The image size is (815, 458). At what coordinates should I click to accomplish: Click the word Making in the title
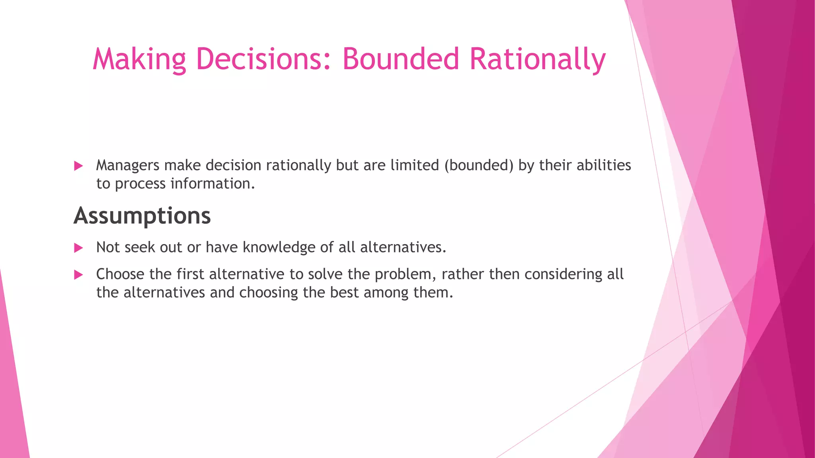[x=139, y=59]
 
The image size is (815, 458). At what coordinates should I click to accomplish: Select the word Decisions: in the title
[x=263, y=59]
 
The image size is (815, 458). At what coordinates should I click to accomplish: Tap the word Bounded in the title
[x=400, y=59]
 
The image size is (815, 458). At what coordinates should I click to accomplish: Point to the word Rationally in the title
[x=537, y=59]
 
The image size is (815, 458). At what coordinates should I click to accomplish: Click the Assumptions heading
[x=142, y=216]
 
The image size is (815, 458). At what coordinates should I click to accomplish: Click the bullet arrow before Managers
[x=78, y=166]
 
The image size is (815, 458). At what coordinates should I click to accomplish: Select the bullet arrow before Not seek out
[x=78, y=248]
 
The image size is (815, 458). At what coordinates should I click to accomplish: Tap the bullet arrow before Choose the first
[x=78, y=275]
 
